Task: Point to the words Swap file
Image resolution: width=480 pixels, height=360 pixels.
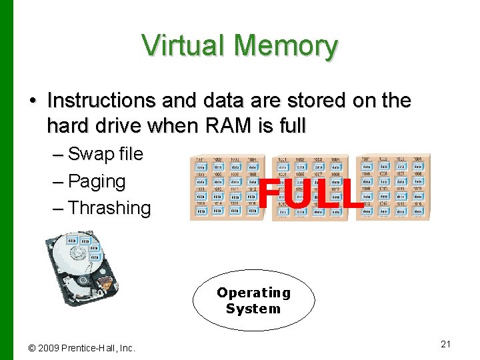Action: (x=105, y=154)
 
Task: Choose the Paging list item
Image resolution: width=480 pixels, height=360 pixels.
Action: (x=97, y=181)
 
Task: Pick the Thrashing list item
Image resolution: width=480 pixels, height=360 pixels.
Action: (x=109, y=208)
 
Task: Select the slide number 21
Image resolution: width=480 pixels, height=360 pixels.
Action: (x=446, y=344)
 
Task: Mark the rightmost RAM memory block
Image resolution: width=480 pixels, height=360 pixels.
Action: (x=393, y=187)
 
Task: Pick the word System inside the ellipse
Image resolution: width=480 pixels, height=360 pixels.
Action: (x=253, y=309)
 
